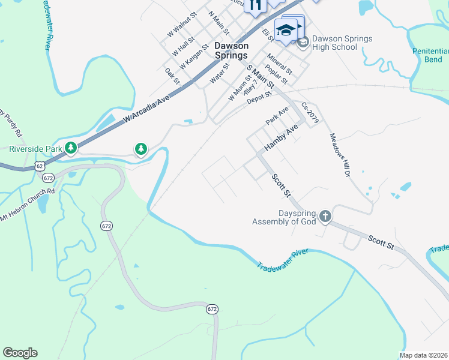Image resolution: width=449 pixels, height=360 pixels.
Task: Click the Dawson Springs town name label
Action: [231, 50]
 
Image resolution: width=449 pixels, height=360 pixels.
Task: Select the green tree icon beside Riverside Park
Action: [71, 148]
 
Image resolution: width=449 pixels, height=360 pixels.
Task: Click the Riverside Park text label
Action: [34, 148]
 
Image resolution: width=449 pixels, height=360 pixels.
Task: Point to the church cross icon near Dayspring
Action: [325, 216]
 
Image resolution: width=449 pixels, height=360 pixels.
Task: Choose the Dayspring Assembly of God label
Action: [284, 217]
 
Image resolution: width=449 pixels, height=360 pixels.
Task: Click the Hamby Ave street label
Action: [282, 137]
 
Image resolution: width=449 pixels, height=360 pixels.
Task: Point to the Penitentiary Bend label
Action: [430, 56]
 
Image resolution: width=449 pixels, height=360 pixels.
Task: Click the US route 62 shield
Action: [40, 166]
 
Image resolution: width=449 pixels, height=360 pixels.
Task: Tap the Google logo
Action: [20, 353]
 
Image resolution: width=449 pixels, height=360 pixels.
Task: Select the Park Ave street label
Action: [277, 115]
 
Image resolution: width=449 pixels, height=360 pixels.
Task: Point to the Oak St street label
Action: [172, 76]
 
